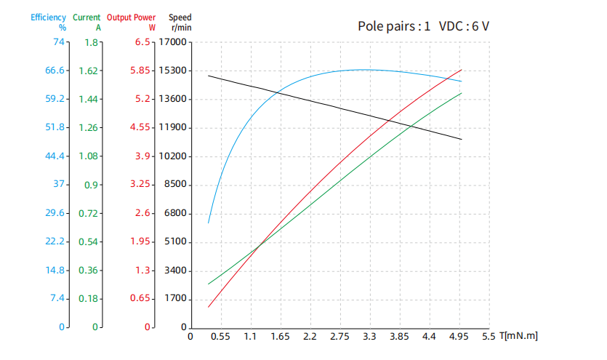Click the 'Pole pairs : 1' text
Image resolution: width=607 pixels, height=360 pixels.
(393, 26)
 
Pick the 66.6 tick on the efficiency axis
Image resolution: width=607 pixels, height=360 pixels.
(55, 71)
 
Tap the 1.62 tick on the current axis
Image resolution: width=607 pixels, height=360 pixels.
(88, 71)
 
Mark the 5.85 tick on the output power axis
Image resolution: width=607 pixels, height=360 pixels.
(140, 71)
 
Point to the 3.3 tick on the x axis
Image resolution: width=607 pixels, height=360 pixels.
(369, 337)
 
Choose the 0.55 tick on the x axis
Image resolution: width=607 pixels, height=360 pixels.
(220, 337)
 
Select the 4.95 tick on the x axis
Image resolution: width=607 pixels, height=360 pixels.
(459, 337)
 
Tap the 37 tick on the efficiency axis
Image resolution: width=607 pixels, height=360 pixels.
(58, 185)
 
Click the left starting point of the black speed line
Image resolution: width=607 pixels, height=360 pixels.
(209, 76)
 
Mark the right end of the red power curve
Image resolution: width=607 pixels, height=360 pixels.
(462, 70)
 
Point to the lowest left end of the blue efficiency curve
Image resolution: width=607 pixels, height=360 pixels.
(209, 223)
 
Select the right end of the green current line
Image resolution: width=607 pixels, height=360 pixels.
(462, 92)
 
